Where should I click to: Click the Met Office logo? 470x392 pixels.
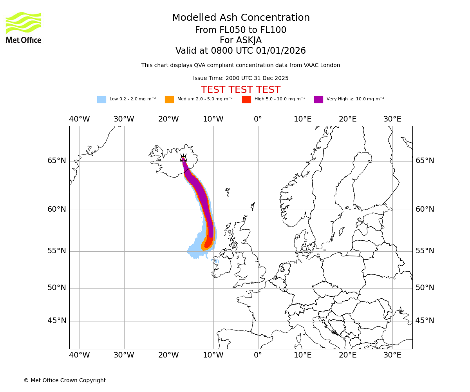click(23, 27)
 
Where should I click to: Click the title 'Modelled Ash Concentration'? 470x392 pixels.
click(241, 18)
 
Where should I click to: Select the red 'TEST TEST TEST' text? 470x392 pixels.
click(240, 90)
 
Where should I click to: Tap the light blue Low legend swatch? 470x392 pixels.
click(101, 100)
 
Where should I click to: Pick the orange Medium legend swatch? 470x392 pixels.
click(169, 100)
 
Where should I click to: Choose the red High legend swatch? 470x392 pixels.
click(246, 100)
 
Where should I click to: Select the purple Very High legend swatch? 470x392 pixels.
click(318, 100)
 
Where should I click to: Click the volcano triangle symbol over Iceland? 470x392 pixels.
click(183, 159)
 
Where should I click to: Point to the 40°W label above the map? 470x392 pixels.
click(80, 119)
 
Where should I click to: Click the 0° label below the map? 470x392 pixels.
click(258, 355)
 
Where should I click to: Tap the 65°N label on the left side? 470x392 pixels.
click(57, 161)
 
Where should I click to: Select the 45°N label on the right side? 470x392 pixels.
click(425, 321)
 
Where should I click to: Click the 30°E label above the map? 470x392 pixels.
click(392, 119)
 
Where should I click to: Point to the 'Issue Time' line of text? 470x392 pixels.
click(240, 78)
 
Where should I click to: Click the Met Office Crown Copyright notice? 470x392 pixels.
click(65, 380)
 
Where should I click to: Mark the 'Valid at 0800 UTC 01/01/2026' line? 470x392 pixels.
click(240, 51)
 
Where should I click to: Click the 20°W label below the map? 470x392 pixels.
click(168, 355)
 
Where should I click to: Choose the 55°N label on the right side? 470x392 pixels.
click(425, 251)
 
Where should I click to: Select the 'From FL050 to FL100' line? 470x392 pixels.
click(240, 30)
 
